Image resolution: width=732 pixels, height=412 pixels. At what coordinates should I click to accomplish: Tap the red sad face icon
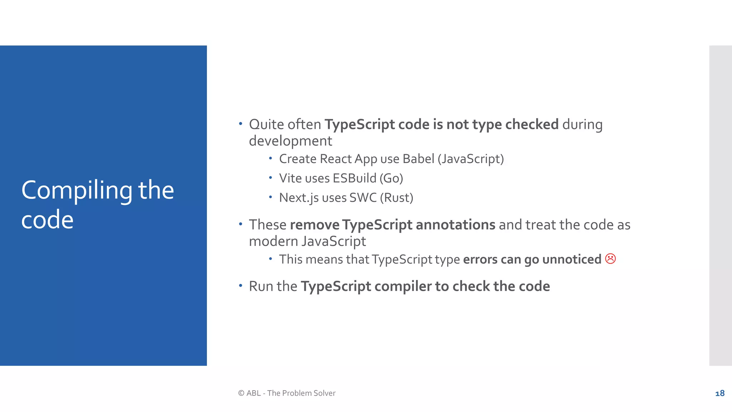tap(610, 259)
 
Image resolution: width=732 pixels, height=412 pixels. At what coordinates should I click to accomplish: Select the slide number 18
tap(720, 393)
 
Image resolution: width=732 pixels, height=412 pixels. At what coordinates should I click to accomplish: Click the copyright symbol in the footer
tap(241, 393)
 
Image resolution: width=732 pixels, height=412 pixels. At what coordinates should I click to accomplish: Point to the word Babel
tap(418, 159)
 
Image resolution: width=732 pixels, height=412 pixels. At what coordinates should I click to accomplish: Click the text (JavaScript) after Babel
tap(471, 159)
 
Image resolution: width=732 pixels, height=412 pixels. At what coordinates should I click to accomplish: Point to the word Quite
tap(266, 124)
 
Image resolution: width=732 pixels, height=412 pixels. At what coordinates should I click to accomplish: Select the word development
tap(290, 141)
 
